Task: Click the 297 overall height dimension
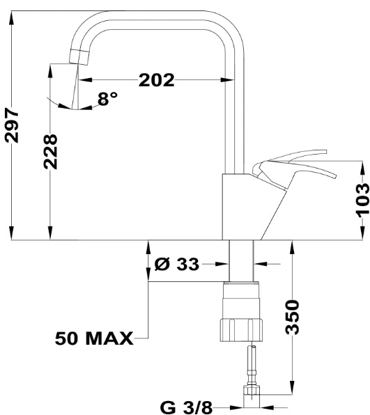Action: point(12,125)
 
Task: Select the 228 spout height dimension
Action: point(50,152)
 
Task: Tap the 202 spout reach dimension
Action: point(157,80)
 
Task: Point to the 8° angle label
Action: point(107,98)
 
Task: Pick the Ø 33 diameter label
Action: point(176,264)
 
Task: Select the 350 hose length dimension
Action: point(292,317)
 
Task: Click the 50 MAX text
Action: point(94,338)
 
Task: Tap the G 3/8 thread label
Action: point(186,407)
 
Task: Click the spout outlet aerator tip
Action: point(79,56)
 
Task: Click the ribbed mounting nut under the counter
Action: point(241,330)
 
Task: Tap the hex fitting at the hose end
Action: point(252,391)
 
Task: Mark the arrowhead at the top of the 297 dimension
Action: point(11,17)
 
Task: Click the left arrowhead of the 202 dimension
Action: point(85,79)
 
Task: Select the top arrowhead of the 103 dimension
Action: point(362,167)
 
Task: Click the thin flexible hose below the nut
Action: point(252,363)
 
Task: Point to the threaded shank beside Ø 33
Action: point(241,260)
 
